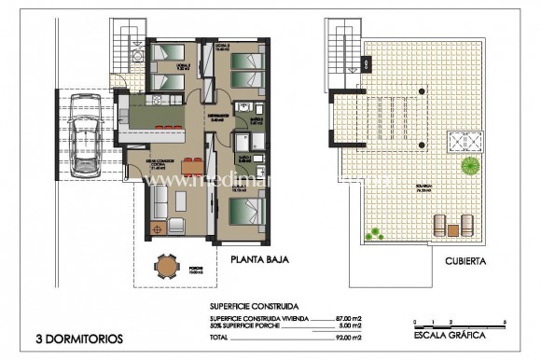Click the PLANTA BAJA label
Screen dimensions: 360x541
click(250, 262)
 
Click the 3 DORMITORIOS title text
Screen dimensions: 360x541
click(77, 339)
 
